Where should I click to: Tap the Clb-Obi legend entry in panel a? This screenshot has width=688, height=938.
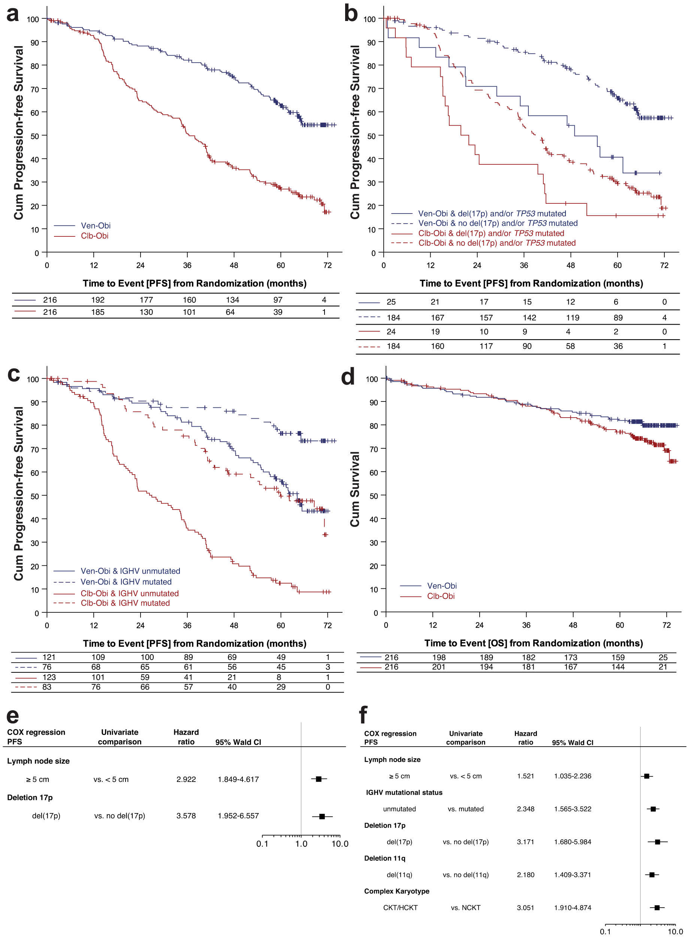point(94,236)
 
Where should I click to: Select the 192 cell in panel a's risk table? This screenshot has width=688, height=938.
point(98,300)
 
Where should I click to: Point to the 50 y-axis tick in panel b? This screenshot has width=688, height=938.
point(371,136)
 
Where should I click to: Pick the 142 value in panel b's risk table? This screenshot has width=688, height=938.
point(529,318)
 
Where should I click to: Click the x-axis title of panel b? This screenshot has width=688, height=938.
point(531,284)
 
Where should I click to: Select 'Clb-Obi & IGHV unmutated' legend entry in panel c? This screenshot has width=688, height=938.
point(130,593)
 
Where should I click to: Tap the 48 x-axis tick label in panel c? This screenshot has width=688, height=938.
point(234,625)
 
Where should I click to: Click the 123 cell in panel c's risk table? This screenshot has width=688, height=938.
point(49,677)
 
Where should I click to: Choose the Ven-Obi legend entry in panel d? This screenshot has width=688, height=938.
point(442,586)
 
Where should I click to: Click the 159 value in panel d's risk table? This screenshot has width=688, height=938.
point(618,657)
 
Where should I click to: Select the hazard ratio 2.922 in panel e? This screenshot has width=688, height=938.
point(186,779)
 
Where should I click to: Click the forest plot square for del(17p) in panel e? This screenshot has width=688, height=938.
point(322,816)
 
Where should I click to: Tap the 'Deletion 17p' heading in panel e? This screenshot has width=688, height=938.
point(30,798)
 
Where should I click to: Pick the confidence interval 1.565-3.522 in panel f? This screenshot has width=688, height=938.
point(572,809)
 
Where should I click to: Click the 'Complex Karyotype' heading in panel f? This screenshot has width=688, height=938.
point(396,891)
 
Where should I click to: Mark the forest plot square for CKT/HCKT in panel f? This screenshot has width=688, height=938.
point(657,908)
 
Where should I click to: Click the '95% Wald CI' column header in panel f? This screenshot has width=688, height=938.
point(572,743)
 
